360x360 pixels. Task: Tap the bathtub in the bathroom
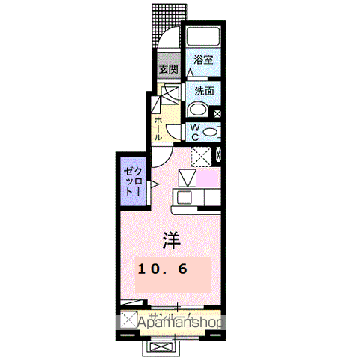coord(202,37)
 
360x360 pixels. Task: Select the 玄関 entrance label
coord(167,70)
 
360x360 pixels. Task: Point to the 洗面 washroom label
coord(204,90)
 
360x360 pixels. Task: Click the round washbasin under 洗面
coord(201,109)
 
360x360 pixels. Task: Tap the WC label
coord(193,133)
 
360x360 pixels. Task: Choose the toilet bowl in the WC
coord(211,132)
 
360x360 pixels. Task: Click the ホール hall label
coord(158,128)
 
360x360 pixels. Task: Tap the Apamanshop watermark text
coord(180,322)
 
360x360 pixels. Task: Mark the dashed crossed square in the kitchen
coord(199,156)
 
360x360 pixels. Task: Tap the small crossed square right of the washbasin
coord(217,115)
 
